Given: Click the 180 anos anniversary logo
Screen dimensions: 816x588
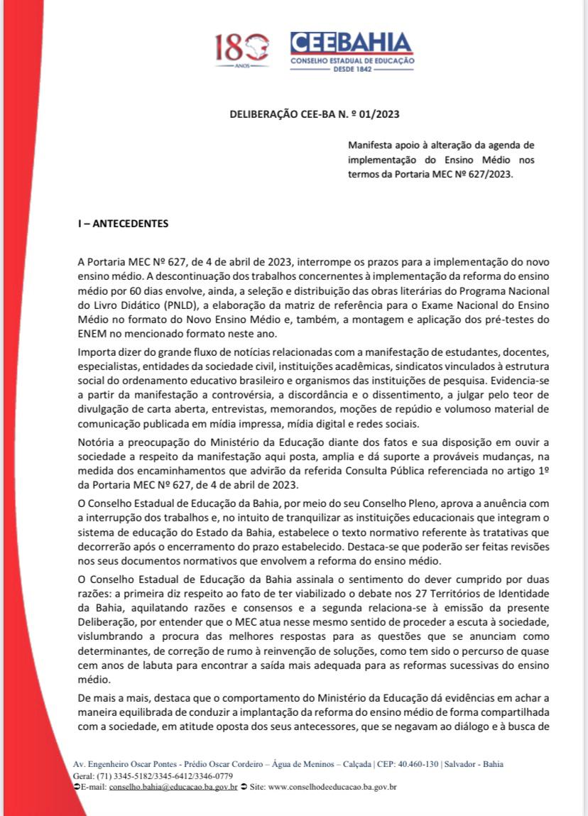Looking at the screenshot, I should [241, 49].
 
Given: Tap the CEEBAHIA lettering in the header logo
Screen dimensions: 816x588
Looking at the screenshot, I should [351, 43].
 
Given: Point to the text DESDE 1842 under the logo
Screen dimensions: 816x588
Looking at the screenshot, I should [352, 71].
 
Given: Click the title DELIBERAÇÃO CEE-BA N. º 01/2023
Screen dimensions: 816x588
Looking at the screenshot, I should [319, 114].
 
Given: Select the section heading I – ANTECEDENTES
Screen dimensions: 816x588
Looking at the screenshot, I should [123, 223].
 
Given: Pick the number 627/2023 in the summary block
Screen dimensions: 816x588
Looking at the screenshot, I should [489, 173].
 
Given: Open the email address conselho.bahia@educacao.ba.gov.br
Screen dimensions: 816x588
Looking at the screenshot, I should [173, 788].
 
